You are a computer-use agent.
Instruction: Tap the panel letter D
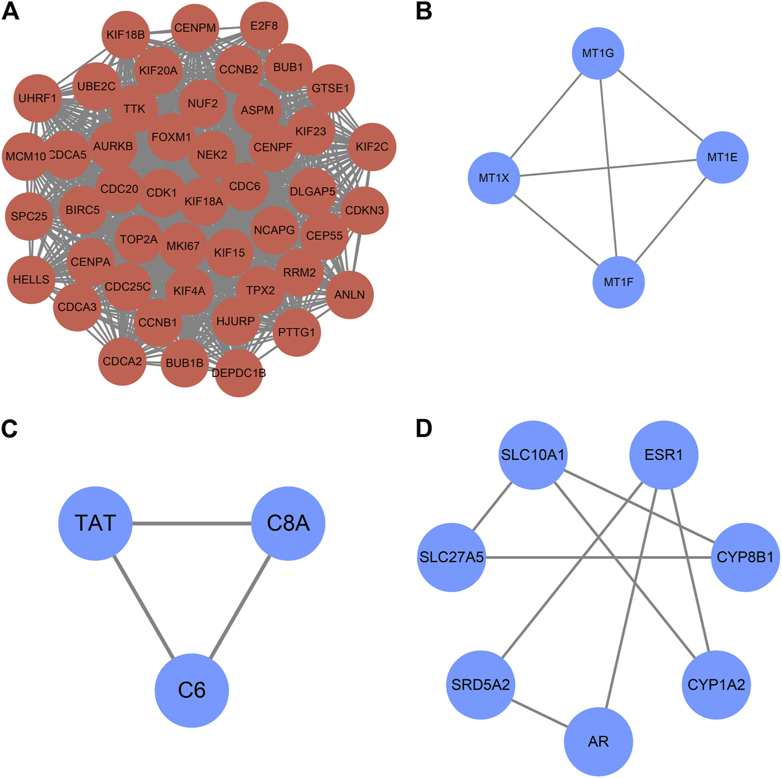click(x=424, y=429)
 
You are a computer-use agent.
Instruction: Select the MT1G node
click(x=597, y=53)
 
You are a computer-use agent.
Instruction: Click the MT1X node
click(x=494, y=178)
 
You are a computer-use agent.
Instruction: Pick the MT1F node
click(x=619, y=282)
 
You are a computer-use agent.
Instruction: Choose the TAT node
click(x=96, y=524)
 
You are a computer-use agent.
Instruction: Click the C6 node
click(x=192, y=690)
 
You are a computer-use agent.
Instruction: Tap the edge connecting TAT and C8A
click(x=192, y=524)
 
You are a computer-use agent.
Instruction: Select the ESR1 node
click(x=664, y=455)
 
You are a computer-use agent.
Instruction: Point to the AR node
click(x=599, y=741)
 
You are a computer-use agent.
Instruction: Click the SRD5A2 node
click(x=481, y=685)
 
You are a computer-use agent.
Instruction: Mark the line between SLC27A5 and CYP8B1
click(x=599, y=557)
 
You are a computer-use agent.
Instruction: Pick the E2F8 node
click(x=264, y=26)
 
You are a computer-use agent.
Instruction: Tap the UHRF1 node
click(x=37, y=98)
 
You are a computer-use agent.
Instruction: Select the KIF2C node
click(x=372, y=147)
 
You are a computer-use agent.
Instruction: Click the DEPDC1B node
click(x=239, y=373)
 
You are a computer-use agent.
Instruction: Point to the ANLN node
click(x=349, y=295)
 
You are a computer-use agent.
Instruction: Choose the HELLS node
click(x=31, y=280)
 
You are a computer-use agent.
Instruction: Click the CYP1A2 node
click(x=716, y=685)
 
